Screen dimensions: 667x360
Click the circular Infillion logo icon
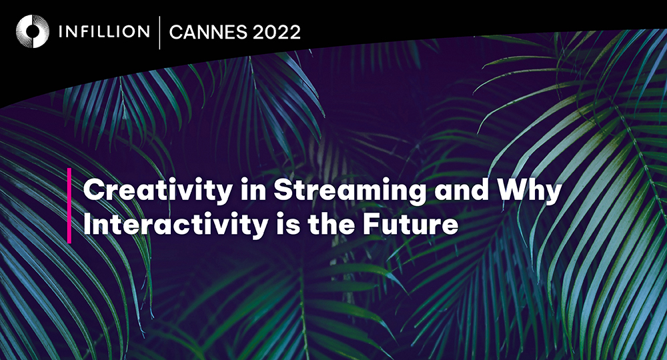pyautogui.click(x=33, y=31)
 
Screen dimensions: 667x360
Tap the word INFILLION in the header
pyautogui.click(x=104, y=31)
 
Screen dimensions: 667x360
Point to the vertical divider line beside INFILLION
pyautogui.click(x=159, y=32)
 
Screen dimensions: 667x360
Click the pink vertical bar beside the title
pyautogui.click(x=69, y=206)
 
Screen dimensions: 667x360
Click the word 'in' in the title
pyautogui.click(x=253, y=189)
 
